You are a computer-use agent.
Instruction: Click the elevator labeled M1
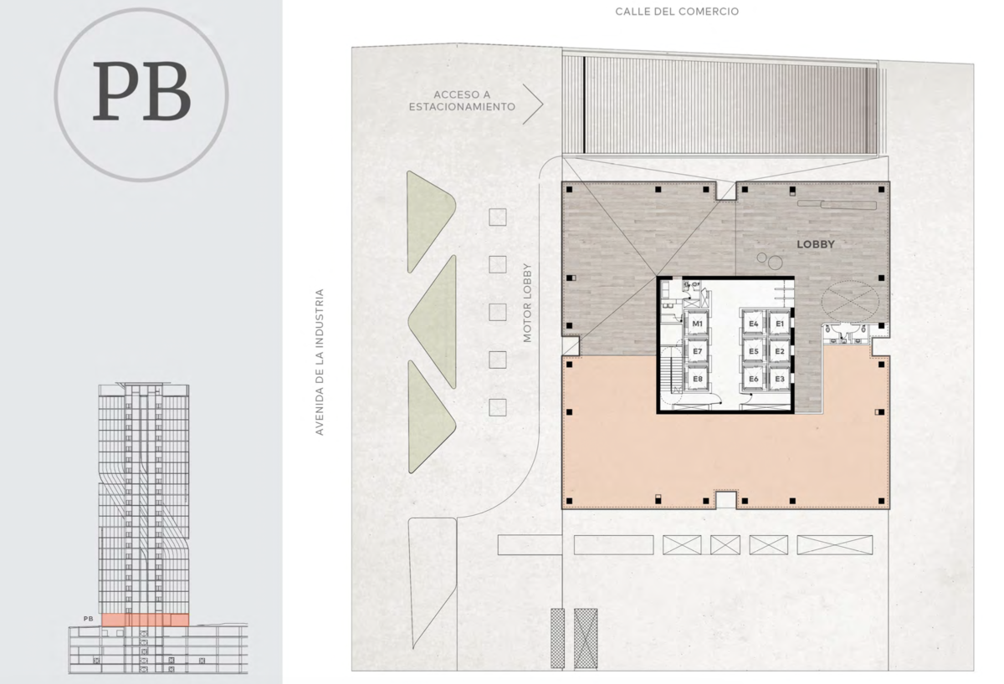pos(697,324)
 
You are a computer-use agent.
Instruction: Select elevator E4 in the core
pos(754,324)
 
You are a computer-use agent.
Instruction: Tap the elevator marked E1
pos(780,324)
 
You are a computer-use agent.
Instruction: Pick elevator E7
pos(697,351)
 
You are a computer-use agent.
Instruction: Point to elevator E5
pos(754,351)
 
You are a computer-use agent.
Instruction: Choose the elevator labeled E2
pos(780,351)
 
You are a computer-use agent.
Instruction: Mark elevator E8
pos(697,379)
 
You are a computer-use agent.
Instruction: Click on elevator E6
pos(754,379)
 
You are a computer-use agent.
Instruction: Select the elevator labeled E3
pos(780,379)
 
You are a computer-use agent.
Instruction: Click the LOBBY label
pos(816,244)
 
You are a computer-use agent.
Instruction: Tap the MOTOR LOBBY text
pos(527,303)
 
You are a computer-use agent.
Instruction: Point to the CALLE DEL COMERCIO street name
pos(677,12)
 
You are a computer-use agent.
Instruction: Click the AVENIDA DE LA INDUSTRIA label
pos(319,362)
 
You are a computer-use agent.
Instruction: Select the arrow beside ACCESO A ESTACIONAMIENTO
pos(533,104)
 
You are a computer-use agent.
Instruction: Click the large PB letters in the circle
pos(141,91)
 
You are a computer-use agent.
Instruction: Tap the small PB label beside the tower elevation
pos(89,619)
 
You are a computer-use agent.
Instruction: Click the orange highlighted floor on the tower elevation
pos(146,620)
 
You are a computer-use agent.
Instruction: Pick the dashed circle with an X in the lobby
pos(850,301)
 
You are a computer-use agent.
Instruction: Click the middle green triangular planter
pos(433,322)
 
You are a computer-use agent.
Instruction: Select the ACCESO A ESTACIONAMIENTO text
pos(462,101)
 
